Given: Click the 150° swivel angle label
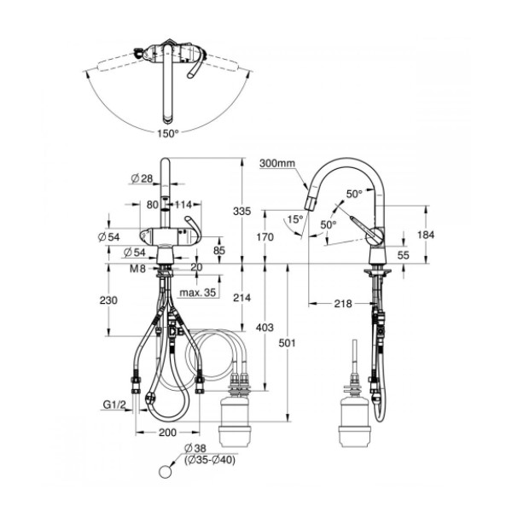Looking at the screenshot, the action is point(168,134).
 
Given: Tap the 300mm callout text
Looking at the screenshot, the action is point(277,163).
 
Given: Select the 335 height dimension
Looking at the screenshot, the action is point(242,212).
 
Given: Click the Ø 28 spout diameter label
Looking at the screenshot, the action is point(142,178).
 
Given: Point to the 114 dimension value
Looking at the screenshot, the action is point(183,205).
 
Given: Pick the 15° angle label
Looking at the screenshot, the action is point(295,219).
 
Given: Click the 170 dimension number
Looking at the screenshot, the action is point(265,236).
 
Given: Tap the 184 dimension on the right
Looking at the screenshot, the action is point(426,235).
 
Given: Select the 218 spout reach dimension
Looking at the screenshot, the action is point(343,304).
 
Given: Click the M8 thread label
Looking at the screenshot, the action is point(137,269).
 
